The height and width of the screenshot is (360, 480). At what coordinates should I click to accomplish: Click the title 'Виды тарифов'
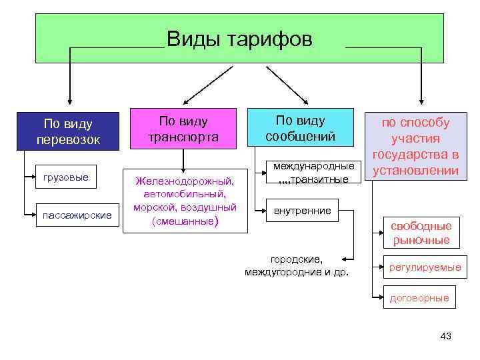pyautogui.click(x=239, y=39)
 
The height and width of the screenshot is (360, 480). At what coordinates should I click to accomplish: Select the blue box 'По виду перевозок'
pyautogui.click(x=67, y=131)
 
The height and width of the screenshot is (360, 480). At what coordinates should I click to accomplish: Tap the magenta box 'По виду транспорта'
pyautogui.click(x=183, y=129)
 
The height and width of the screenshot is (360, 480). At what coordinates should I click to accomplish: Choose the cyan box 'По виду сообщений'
pyautogui.click(x=300, y=129)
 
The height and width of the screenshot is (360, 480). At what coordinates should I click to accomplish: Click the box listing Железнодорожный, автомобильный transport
pyautogui.click(x=184, y=200)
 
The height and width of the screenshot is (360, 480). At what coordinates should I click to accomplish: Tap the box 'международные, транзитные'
pyautogui.click(x=311, y=172)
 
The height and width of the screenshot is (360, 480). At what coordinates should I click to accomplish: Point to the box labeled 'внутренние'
pyautogui.click(x=302, y=211)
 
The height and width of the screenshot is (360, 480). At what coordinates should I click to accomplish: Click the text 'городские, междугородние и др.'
pyautogui.click(x=296, y=265)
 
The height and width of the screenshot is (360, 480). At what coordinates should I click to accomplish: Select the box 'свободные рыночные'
pyautogui.click(x=421, y=233)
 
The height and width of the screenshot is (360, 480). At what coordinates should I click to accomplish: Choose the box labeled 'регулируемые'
pyautogui.click(x=425, y=267)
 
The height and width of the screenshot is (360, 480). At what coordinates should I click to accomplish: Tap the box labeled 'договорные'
pyautogui.click(x=419, y=298)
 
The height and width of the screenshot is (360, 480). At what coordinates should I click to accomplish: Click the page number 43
pyautogui.click(x=446, y=336)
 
